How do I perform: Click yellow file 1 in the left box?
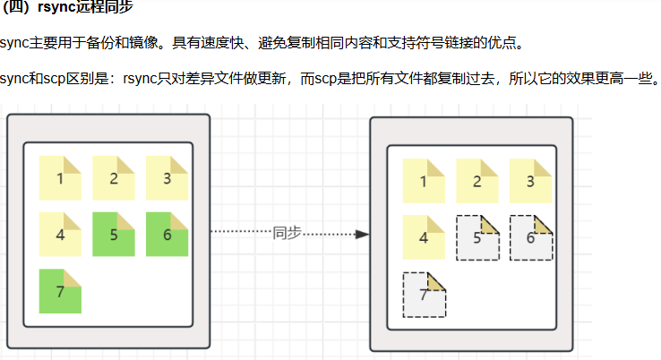[60, 177]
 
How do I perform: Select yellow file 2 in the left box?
[114, 177]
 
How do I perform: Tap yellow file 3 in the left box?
[167, 177]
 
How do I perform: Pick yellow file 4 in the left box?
[60, 235]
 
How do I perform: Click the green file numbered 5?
[114, 235]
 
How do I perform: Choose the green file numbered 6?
[167, 235]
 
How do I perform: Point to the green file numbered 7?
[60, 291]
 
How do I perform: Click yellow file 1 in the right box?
[424, 181]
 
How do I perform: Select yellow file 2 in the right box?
[477, 181]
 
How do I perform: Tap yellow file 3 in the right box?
[530, 181]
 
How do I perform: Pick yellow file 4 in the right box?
[424, 237]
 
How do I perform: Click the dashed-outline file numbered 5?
[477, 237]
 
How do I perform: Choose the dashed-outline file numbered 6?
[530, 237]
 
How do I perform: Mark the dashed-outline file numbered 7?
[424, 295]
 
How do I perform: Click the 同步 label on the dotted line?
[287, 233]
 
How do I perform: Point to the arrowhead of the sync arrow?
[362, 234]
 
